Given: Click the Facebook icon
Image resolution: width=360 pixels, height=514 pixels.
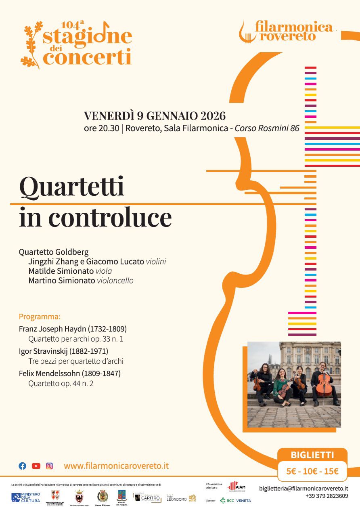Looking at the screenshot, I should pos(23,466).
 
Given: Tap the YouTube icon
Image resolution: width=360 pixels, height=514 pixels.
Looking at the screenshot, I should pos(36,466).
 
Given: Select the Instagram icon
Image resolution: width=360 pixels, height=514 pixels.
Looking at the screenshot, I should pos(49,466).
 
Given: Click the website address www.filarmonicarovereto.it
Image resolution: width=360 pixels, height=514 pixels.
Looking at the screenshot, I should pos(116,466).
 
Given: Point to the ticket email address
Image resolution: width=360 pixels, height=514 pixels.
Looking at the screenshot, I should pos(303,488).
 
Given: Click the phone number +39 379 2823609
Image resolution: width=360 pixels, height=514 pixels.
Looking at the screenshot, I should pos(327,496).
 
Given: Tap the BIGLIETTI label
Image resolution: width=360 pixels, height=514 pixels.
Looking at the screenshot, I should pos(312,455).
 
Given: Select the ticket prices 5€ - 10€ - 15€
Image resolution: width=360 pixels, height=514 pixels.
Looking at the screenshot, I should pos(312,471).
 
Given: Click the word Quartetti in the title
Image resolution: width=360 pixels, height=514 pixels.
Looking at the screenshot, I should pos(72,187).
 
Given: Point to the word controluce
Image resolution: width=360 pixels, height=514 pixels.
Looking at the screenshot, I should pos(110,218).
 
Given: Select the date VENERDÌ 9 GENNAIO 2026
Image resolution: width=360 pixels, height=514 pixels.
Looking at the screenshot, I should pos(155,116).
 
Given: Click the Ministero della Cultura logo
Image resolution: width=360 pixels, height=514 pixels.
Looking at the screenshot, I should pos(26,497).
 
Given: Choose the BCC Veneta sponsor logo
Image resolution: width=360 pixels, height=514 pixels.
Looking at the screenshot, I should pos(235,500).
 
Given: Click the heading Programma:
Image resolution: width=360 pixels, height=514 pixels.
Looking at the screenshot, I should pos(40,317).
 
